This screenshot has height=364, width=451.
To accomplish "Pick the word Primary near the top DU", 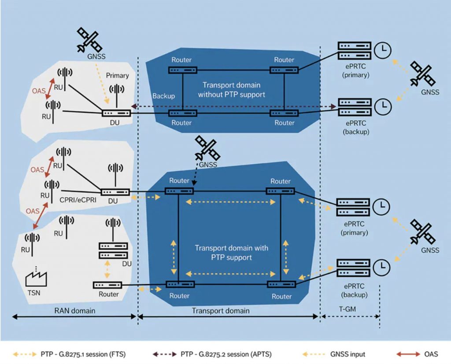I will point(117,75).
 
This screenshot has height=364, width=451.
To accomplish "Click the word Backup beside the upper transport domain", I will point(163,96).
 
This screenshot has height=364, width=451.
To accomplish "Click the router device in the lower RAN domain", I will point(107,285).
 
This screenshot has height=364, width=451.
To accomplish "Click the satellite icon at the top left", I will point(89,40).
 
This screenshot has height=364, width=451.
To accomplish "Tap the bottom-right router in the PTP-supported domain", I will point(281,284).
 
